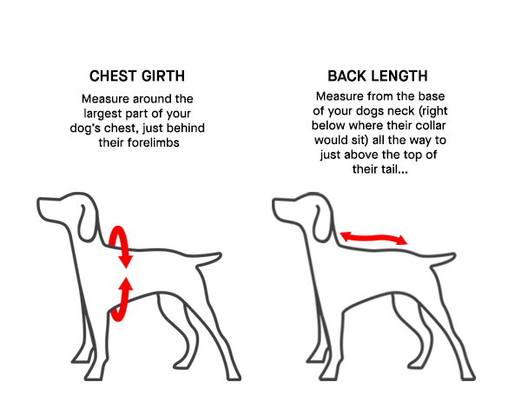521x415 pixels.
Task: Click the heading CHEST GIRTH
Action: click(x=137, y=76)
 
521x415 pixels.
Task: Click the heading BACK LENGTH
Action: click(x=378, y=76)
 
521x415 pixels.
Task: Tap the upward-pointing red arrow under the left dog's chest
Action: click(x=122, y=299)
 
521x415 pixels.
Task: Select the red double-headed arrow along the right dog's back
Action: click(x=373, y=238)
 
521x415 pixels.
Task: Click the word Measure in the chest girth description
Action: click(x=105, y=99)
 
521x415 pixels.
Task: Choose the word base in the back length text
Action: click(x=432, y=96)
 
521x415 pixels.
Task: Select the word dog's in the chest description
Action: click(x=85, y=128)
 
